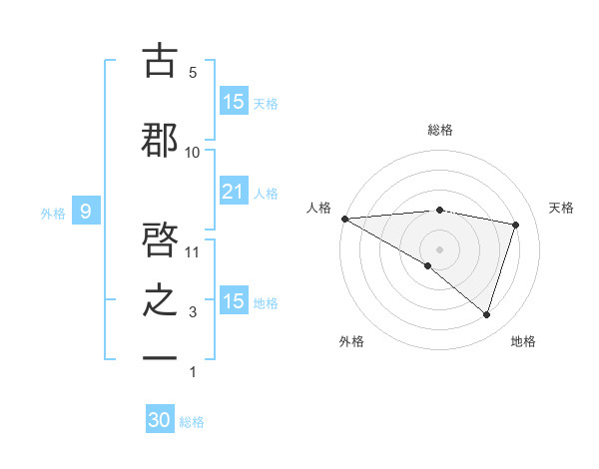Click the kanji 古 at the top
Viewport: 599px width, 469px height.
tap(160, 62)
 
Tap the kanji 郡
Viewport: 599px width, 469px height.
tap(160, 140)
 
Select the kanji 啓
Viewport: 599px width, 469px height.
tap(160, 241)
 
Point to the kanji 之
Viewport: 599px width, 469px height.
tap(160, 301)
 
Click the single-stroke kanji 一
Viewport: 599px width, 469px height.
tap(160, 357)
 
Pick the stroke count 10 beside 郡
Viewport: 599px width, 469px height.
tap(193, 152)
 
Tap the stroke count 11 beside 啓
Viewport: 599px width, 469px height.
tap(193, 251)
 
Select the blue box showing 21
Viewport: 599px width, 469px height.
tap(233, 191)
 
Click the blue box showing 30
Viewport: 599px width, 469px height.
tap(160, 420)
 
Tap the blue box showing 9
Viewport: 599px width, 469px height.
tap(87, 211)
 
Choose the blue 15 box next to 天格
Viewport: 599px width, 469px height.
tap(233, 101)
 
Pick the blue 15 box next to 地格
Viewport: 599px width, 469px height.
tap(233, 300)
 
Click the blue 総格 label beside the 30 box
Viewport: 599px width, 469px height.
tap(192, 422)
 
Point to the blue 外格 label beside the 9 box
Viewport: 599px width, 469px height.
tap(53, 213)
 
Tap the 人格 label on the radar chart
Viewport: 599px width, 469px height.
tap(318, 208)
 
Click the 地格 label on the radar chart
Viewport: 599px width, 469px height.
tap(523, 341)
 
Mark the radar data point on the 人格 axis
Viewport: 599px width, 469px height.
tap(344, 219)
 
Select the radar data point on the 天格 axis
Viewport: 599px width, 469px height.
tap(516, 225)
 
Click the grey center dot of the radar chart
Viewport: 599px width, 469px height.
tap(439, 247)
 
